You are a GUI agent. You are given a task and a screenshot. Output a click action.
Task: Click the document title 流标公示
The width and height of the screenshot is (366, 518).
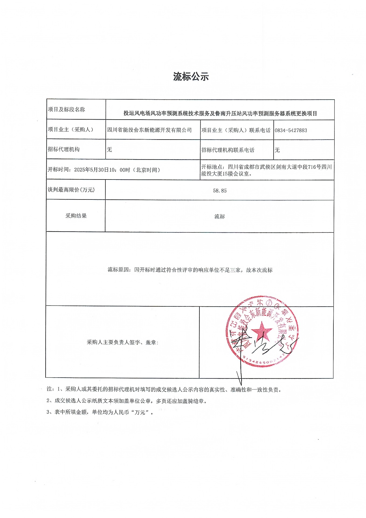[191, 77]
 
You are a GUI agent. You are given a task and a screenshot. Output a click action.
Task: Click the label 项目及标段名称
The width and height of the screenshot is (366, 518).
[66, 109]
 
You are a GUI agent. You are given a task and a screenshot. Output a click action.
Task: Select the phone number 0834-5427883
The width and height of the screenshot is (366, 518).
[291, 130]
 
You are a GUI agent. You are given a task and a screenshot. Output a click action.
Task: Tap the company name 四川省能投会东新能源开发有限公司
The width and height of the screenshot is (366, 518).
[149, 130]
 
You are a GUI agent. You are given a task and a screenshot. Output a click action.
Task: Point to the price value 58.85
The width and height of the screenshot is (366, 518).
[220, 191]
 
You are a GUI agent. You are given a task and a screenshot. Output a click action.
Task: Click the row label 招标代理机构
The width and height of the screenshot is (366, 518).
[64, 149]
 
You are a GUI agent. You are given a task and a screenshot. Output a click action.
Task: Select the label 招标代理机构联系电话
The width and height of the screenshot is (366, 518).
[228, 150]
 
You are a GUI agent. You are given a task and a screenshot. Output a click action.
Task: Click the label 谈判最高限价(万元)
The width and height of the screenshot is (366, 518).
[71, 190]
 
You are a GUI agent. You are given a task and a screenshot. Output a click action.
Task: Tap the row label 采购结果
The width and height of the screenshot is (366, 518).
[76, 216]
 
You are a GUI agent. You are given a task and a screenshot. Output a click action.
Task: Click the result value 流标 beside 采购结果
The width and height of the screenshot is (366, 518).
[220, 216]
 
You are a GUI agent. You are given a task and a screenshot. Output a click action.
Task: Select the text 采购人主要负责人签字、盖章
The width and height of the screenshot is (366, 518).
[122, 342]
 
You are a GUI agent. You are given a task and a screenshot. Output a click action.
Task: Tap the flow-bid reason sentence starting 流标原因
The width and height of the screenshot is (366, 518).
[190, 270]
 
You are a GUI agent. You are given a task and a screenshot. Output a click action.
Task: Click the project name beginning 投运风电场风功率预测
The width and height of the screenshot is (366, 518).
[220, 113]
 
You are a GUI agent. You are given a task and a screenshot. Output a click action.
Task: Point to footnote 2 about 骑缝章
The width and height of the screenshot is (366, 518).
[127, 401]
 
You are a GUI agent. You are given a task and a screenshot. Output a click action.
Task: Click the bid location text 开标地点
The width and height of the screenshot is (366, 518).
[266, 170]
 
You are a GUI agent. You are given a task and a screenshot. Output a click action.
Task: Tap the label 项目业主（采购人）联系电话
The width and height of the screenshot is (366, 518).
[236, 130]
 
